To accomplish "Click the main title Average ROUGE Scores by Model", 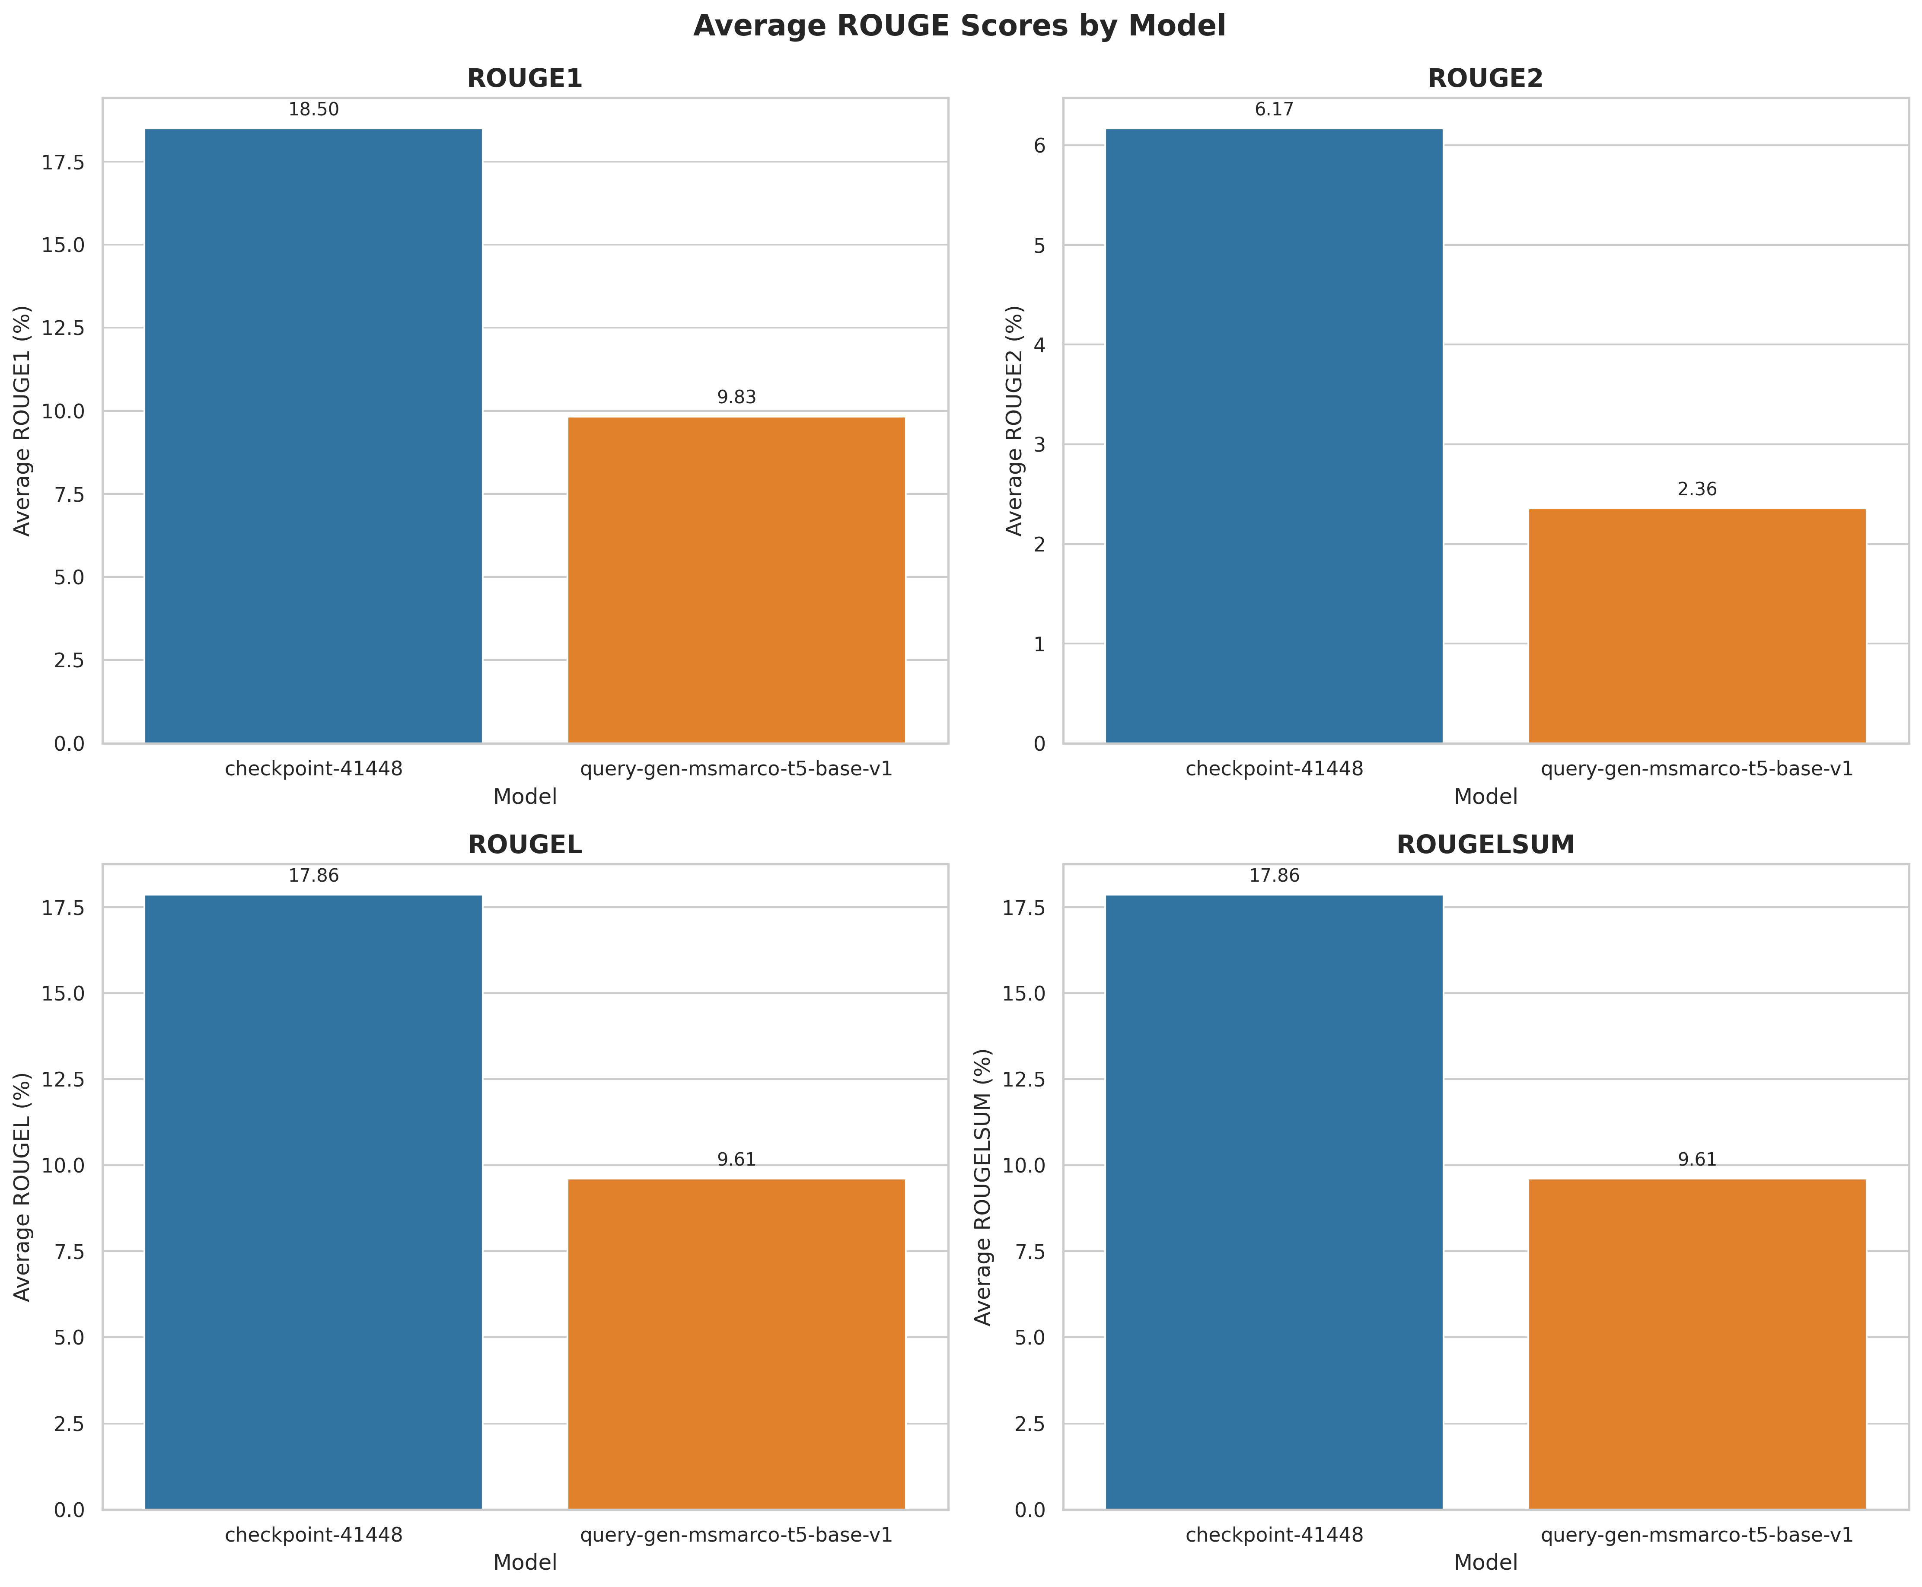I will (x=959, y=25).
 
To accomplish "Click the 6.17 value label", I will (x=1274, y=110).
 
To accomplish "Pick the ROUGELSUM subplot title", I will (x=1485, y=844).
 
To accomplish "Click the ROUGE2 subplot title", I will (x=1485, y=79).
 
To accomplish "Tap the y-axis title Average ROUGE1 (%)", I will (x=22, y=421).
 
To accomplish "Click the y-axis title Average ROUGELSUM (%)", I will (x=983, y=1187).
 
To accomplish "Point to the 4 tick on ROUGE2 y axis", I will (x=1039, y=344).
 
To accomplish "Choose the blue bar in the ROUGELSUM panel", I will (x=1274, y=1202).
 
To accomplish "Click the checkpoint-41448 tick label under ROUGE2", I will (x=1274, y=769).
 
